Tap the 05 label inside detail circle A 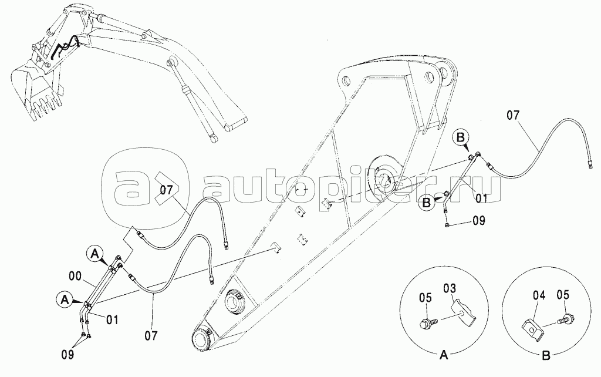point(426,298)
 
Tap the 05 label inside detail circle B point(563,295)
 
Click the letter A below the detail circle point(443,355)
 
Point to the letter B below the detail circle point(546,355)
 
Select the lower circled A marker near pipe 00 point(65,299)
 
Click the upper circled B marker point(461,137)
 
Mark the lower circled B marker point(427,203)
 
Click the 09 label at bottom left point(68,354)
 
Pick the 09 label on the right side point(478,221)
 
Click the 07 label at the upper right point(514,116)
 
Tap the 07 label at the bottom point(151,336)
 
